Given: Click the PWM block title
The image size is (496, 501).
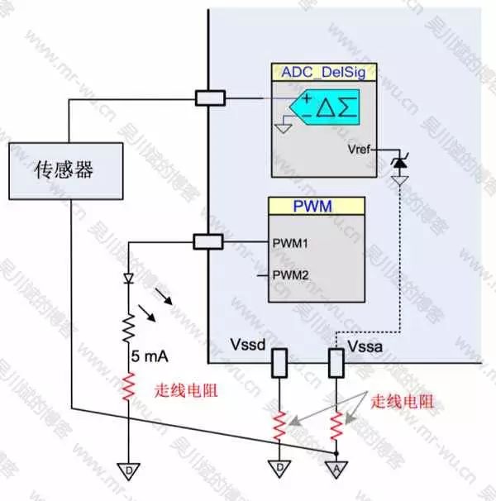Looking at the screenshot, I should tap(318, 206).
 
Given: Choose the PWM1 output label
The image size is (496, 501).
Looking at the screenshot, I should tap(291, 244).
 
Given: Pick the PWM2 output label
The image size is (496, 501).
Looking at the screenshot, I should tap(291, 274).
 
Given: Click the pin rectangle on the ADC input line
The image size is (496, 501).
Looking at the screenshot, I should tap(208, 98).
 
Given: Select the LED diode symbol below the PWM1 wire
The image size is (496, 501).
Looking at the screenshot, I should tap(129, 279).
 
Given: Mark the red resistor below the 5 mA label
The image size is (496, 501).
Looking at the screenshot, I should tap(129, 387).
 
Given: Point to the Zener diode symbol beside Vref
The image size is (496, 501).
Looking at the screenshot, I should tap(399, 160).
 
